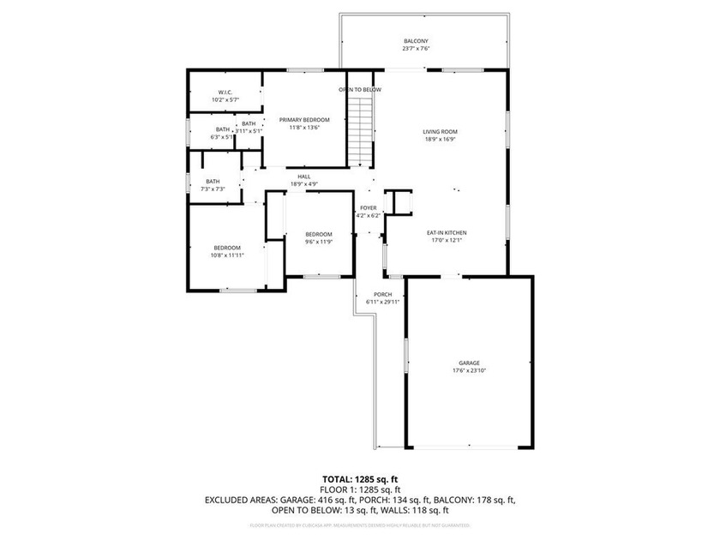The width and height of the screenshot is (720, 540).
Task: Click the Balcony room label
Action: click(x=416, y=41)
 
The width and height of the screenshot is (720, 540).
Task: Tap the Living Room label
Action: click(x=440, y=131)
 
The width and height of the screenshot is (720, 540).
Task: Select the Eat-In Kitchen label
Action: click(x=447, y=232)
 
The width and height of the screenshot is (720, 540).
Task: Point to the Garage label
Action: click(x=469, y=363)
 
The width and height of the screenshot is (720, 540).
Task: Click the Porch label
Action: click(x=383, y=294)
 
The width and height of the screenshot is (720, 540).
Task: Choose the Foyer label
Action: click(x=369, y=207)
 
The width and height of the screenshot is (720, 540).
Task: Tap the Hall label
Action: click(x=304, y=177)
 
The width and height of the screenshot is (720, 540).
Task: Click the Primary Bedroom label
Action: click(x=304, y=119)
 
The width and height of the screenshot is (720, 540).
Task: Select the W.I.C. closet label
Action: click(x=225, y=92)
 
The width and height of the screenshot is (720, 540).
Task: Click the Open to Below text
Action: click(x=360, y=89)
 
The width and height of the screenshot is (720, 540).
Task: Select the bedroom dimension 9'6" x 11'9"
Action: click(x=319, y=242)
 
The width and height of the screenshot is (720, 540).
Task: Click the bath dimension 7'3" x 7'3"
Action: click(x=213, y=189)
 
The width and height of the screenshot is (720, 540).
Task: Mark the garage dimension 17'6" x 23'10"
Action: click(x=469, y=370)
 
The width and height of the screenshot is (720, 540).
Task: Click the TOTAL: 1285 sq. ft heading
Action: click(x=360, y=479)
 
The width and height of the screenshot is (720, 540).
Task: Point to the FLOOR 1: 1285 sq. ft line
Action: click(x=360, y=489)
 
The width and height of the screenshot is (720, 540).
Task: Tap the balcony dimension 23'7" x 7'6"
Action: click(x=416, y=49)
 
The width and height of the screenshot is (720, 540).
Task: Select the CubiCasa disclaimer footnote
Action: click(x=360, y=524)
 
